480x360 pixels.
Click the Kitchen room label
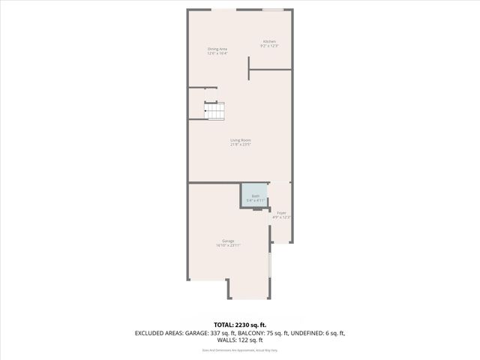(268, 41)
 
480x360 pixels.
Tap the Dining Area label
(217, 49)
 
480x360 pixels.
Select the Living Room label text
(240, 140)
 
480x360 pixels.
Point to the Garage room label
(228, 241)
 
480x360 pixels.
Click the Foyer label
(281, 213)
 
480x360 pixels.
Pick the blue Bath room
(253, 195)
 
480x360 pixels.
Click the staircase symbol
(214, 111)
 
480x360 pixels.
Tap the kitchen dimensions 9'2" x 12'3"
(268, 46)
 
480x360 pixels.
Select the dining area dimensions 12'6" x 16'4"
(217, 54)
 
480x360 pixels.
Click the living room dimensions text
(240, 145)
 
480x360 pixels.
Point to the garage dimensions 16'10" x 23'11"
(228, 245)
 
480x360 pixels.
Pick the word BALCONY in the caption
(259, 332)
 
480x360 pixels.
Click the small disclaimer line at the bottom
(240, 350)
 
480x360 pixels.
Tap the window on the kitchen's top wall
(273, 10)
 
